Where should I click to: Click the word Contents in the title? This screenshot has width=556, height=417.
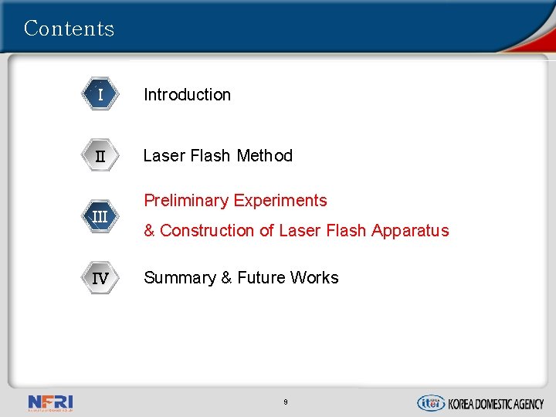69,29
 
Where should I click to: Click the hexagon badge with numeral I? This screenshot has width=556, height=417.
100,95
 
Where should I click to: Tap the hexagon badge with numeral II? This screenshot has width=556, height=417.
100,156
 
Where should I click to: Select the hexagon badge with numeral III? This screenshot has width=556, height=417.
100,216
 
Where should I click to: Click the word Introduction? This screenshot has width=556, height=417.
187,95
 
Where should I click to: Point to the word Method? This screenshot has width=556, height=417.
265,156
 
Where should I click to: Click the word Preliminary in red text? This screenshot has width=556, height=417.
185,201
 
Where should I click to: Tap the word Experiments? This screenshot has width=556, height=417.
280,201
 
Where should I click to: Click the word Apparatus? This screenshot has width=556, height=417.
410,231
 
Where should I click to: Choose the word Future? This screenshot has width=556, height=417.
263,278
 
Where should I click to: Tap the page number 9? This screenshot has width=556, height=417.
286,402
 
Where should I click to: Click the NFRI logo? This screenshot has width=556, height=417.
50,402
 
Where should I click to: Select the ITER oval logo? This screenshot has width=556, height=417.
430,402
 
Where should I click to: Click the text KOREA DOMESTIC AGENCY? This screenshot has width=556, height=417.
496,403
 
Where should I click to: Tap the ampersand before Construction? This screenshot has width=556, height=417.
150,231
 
